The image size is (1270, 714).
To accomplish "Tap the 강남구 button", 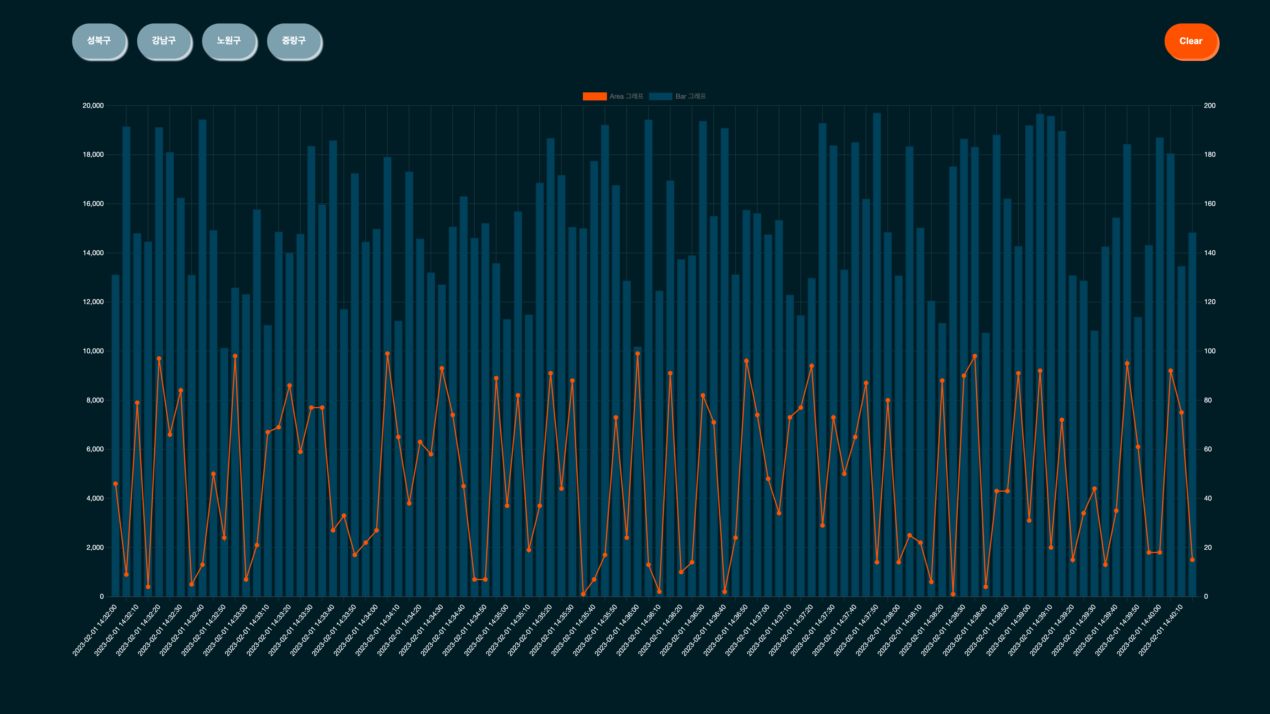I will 164,41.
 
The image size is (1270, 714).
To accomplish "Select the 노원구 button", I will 229,41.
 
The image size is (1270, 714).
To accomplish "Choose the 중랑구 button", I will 294,41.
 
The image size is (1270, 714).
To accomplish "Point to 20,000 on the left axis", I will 93,106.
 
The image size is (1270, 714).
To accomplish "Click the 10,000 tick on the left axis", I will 93,351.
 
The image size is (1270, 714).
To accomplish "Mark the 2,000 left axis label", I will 95,548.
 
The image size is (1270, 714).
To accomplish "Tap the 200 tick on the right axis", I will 1209,106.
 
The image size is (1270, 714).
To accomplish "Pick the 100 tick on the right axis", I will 1209,351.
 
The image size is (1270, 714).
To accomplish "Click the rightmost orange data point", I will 1192,560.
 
